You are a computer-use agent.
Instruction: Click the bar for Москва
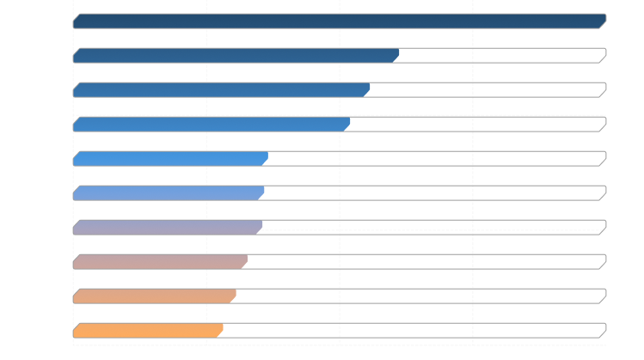coord(340,21)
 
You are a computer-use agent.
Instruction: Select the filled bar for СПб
coord(236,55)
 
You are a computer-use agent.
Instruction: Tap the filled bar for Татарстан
coord(222,89)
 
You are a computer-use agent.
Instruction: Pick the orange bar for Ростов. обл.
coord(148,330)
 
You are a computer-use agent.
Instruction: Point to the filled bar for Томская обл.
coord(170,158)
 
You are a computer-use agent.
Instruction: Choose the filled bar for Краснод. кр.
coord(160,261)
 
